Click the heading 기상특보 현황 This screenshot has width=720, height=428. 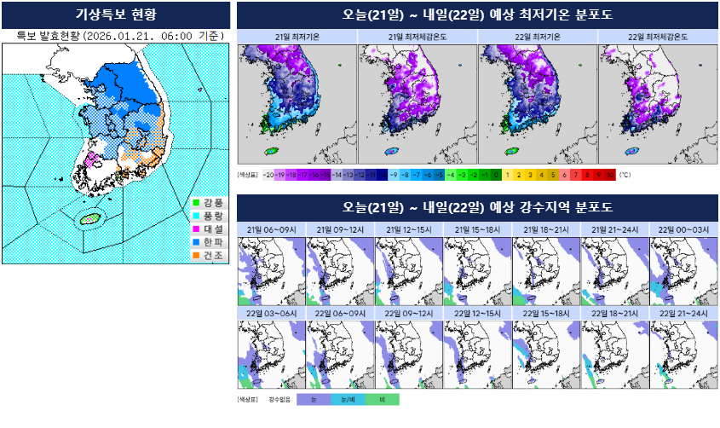click(116, 14)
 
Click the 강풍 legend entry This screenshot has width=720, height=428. click(207, 203)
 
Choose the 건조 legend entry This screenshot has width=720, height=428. click(207, 255)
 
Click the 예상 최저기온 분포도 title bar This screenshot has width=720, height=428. click(476, 14)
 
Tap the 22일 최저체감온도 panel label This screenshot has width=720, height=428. click(658, 37)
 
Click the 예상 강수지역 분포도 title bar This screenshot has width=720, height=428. click(476, 207)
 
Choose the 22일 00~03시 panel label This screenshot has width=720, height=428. click(683, 229)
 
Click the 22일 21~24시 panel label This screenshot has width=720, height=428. click(683, 313)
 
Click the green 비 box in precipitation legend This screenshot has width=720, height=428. click(381, 399)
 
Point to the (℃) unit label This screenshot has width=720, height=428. click(625, 174)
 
